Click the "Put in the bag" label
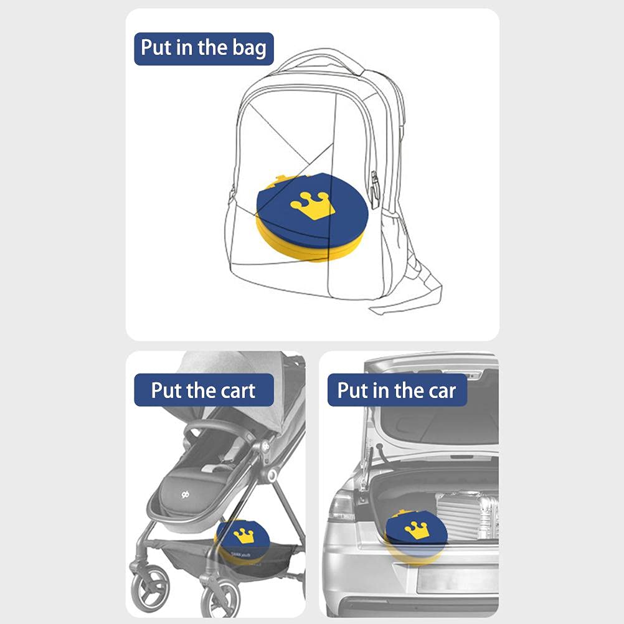click(204, 49)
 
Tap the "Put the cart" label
click(204, 390)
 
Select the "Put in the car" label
click(397, 390)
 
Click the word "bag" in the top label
click(249, 49)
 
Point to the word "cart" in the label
click(238, 390)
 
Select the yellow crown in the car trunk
click(417, 531)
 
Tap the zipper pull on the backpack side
click(374, 190)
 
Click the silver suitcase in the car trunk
click(468, 516)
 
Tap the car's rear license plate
click(458, 579)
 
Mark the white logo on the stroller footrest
click(185, 494)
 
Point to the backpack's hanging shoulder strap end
click(406, 303)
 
